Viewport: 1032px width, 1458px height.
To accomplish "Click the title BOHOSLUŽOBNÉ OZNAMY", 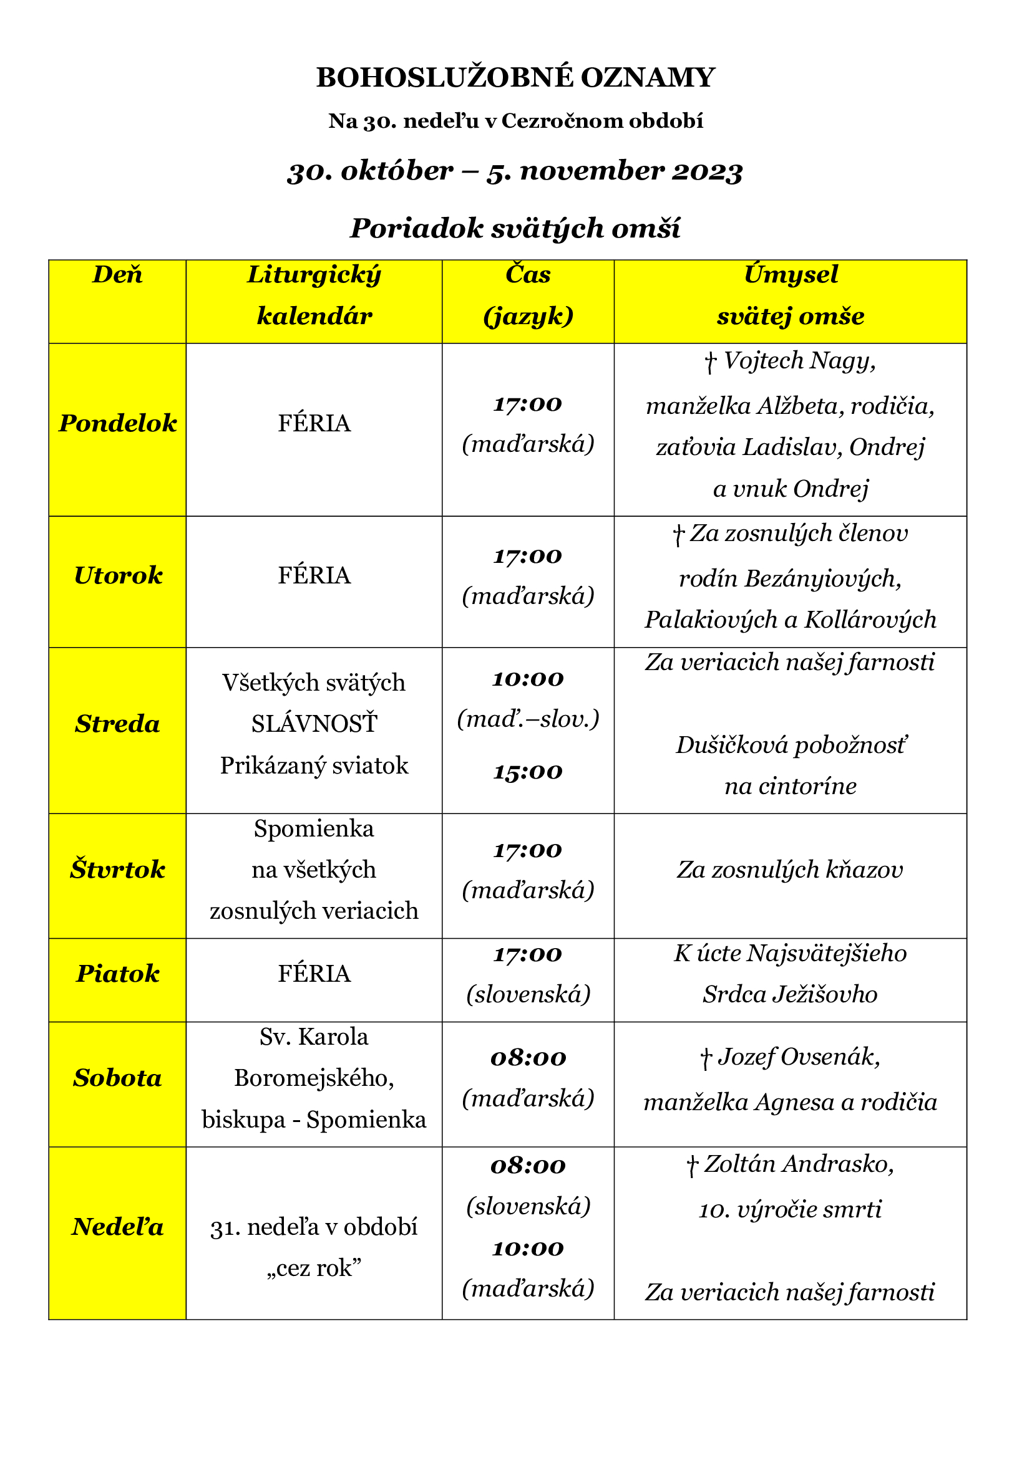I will pyautogui.click(x=515, y=77).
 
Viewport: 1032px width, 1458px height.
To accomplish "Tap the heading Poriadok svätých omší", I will pyautogui.click(x=515, y=228).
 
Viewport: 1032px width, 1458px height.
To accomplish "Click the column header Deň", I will pyautogui.click(x=117, y=275).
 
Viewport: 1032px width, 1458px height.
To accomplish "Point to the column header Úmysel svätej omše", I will pyautogui.click(x=790, y=295).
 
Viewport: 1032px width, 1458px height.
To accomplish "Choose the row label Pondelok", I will pyautogui.click(x=117, y=423).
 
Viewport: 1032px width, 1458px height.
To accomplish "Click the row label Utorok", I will pyautogui.click(x=117, y=575).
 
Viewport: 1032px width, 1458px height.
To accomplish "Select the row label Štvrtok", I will pyautogui.click(x=117, y=870).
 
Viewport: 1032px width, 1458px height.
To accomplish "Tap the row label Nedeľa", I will pyautogui.click(x=117, y=1227).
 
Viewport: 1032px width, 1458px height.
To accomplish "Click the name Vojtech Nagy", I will pyautogui.click(x=799, y=361).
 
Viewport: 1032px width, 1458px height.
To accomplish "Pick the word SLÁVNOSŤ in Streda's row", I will pyautogui.click(x=314, y=724).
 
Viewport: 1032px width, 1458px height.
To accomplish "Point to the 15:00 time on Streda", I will pyautogui.click(x=527, y=772).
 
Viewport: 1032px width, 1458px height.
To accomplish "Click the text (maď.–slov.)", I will pyautogui.click(x=527, y=719).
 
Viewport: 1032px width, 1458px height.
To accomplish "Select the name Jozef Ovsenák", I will pyautogui.click(x=798, y=1057).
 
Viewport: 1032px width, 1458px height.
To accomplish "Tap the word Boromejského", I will pyautogui.click(x=314, y=1078).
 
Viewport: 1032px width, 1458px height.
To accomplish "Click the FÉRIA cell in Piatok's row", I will pyautogui.click(x=314, y=974).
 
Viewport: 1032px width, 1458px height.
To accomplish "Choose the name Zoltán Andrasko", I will pyautogui.click(x=798, y=1164).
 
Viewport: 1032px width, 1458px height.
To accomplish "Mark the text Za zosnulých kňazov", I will pyautogui.click(x=790, y=870).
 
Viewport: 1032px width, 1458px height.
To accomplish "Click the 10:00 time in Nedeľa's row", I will pyautogui.click(x=527, y=1249).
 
